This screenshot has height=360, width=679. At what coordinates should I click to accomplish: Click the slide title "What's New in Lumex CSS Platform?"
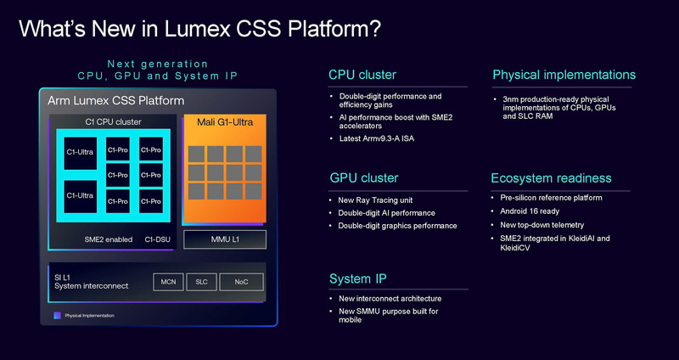coord(199,29)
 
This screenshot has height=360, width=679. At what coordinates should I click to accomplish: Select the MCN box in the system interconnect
coord(167,281)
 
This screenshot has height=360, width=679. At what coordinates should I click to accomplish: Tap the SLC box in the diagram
coord(200,281)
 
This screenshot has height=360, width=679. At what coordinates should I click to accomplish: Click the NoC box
coord(242,281)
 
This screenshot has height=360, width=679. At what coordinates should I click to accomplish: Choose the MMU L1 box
coord(225,239)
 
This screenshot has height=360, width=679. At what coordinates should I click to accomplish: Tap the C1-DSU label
coord(158,239)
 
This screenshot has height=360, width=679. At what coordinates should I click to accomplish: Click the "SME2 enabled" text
coord(108,239)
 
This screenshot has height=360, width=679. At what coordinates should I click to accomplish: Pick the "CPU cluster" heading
coord(362,75)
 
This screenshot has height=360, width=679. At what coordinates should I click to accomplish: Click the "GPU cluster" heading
coord(363,178)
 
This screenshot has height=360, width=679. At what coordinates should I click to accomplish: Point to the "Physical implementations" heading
coord(564,75)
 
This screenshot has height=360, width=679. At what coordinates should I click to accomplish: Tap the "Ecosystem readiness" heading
coord(551,178)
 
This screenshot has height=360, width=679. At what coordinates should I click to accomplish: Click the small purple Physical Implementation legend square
coord(57,315)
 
